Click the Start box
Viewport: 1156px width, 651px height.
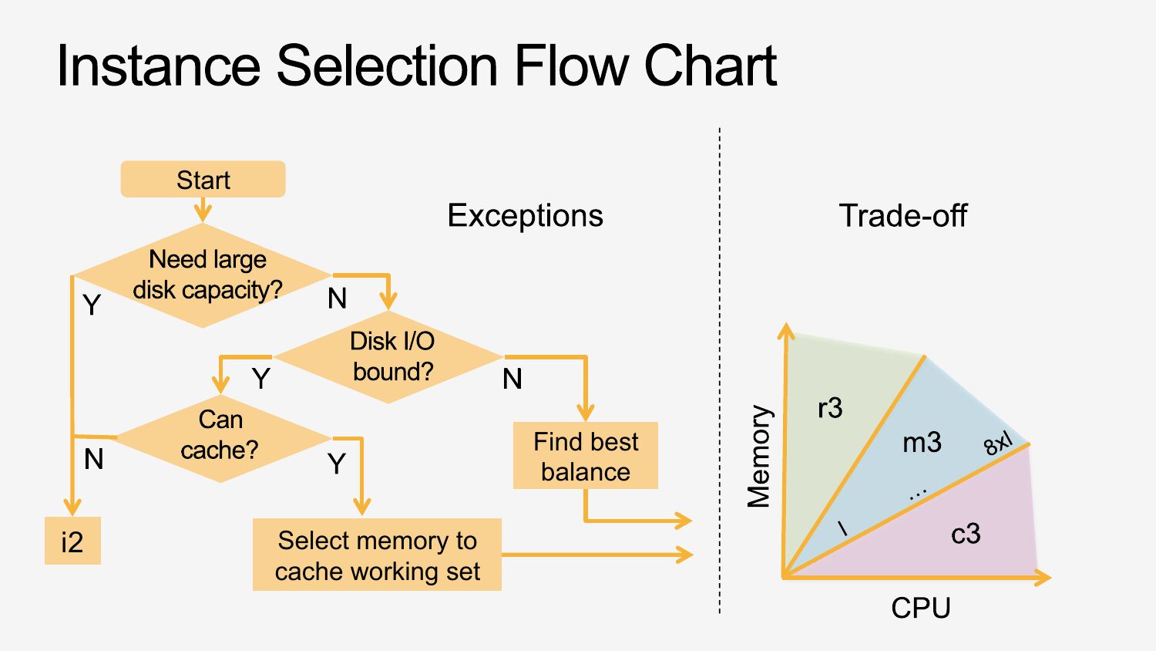tap(203, 180)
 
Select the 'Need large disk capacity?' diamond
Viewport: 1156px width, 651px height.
tap(203, 275)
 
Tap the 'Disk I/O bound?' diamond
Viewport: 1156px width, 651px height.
tap(390, 356)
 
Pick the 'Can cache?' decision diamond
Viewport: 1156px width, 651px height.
tap(221, 437)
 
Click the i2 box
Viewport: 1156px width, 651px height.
tap(72, 541)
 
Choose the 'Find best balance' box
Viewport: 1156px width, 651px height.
tap(586, 456)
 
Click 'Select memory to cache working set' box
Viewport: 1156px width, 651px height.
tap(377, 555)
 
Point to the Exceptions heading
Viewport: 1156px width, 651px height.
tap(525, 215)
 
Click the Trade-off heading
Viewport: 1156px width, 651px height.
tap(902, 215)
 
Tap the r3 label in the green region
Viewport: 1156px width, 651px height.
tap(830, 408)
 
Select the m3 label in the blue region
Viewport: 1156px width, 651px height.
tap(922, 443)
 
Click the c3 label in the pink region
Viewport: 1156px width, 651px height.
tap(966, 534)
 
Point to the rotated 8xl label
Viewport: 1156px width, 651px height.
tap(998, 444)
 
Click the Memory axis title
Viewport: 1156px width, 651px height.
tap(759, 456)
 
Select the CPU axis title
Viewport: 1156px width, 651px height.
tap(921, 608)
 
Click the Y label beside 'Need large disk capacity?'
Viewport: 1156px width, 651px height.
tap(92, 305)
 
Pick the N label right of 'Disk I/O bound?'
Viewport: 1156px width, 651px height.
tap(512, 379)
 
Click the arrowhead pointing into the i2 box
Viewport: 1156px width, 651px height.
tap(72, 508)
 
